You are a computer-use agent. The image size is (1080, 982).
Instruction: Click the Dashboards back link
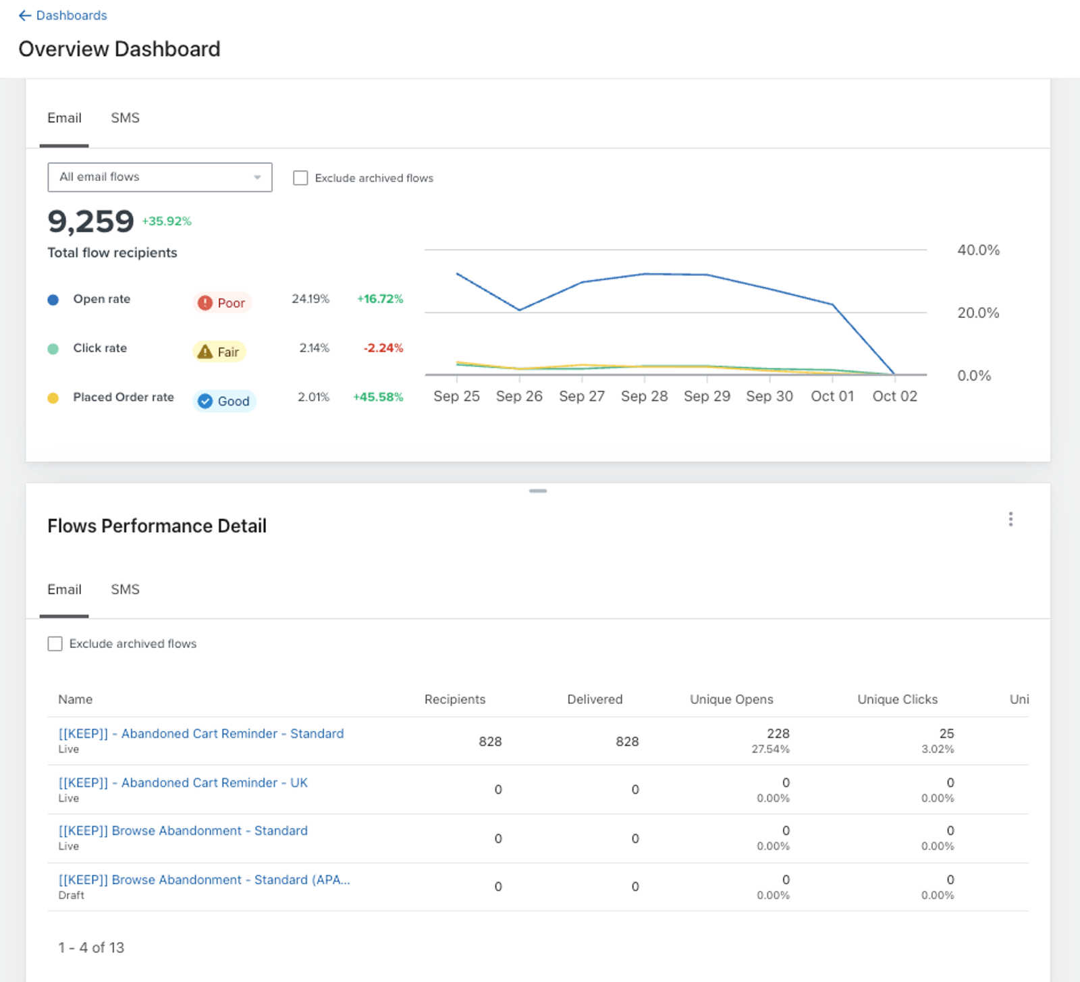coord(63,16)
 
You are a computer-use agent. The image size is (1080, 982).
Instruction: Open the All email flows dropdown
coord(160,177)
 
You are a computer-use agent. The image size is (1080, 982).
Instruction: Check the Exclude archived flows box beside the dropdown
coord(300,178)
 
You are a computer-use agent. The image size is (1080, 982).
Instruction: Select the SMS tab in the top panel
coord(125,118)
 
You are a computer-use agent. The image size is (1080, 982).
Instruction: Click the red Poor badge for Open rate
coord(222,303)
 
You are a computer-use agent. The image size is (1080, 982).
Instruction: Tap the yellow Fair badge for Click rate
coord(219,352)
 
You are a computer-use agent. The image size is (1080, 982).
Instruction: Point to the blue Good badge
coord(224,401)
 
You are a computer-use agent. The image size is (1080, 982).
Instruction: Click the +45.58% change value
coord(378,397)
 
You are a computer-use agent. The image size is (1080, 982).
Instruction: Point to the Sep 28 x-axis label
coord(644,396)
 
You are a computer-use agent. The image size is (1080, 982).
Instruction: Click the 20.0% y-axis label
coord(978,312)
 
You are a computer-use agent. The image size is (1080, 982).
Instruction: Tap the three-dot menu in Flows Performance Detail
coord(1010,519)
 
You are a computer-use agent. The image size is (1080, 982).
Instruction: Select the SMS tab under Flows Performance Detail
coord(125,590)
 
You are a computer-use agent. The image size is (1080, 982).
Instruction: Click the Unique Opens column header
coord(732,699)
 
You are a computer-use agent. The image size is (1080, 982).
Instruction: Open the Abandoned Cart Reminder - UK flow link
coord(183,783)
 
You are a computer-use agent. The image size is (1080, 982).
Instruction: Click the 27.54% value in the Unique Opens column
coord(770,749)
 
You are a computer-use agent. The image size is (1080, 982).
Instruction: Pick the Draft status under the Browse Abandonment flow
coord(71,896)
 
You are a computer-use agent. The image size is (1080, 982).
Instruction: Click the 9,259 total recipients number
coord(91,221)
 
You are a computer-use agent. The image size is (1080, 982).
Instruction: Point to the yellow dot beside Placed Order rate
coord(53,398)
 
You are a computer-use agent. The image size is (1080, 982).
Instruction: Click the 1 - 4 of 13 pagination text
coord(91,948)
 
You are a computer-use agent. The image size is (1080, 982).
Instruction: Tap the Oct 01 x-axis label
coord(832,396)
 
